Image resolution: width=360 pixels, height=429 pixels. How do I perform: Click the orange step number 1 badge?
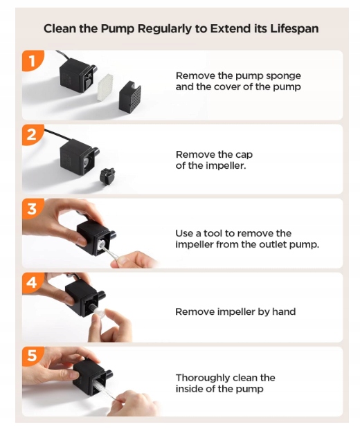(x=33, y=60)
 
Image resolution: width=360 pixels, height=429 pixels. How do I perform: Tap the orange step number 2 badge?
(x=33, y=135)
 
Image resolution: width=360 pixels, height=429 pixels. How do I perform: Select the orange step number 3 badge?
(x=33, y=209)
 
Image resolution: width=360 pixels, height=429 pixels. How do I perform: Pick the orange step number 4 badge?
(x=33, y=282)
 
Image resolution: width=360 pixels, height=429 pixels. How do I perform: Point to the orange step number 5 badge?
(x=33, y=356)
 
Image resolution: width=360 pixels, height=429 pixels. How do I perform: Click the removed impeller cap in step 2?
(x=107, y=176)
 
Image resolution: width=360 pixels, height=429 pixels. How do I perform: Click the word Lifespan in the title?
(x=294, y=29)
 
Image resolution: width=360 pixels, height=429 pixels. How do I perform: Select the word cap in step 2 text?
(x=244, y=155)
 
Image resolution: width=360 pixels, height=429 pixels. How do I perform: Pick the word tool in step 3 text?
(x=213, y=233)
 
